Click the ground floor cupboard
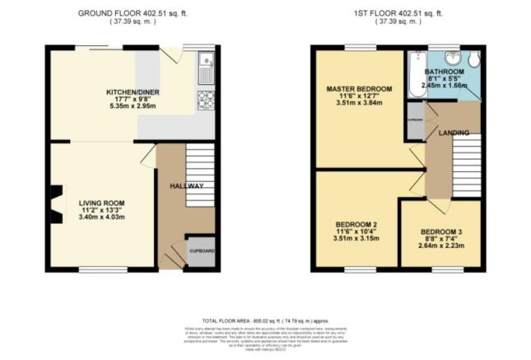202,252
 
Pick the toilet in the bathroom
475,59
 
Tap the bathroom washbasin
452,57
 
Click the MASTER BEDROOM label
359,88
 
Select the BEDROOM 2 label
356,224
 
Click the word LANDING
454,133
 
